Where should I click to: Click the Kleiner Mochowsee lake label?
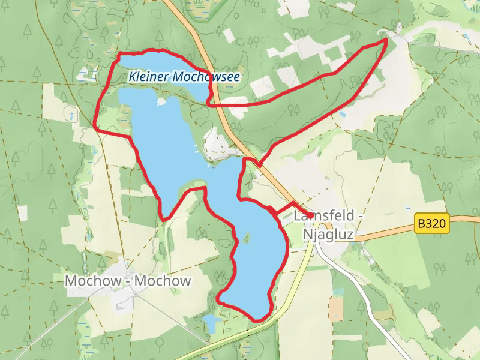184,77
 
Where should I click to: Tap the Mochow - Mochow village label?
128,281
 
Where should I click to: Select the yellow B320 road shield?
432,224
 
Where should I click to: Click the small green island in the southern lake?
245,238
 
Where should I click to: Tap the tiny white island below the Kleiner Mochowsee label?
161,102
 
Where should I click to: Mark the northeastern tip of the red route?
385,40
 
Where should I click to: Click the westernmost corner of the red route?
97,126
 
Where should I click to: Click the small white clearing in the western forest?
22,212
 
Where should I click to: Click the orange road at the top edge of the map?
170,5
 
